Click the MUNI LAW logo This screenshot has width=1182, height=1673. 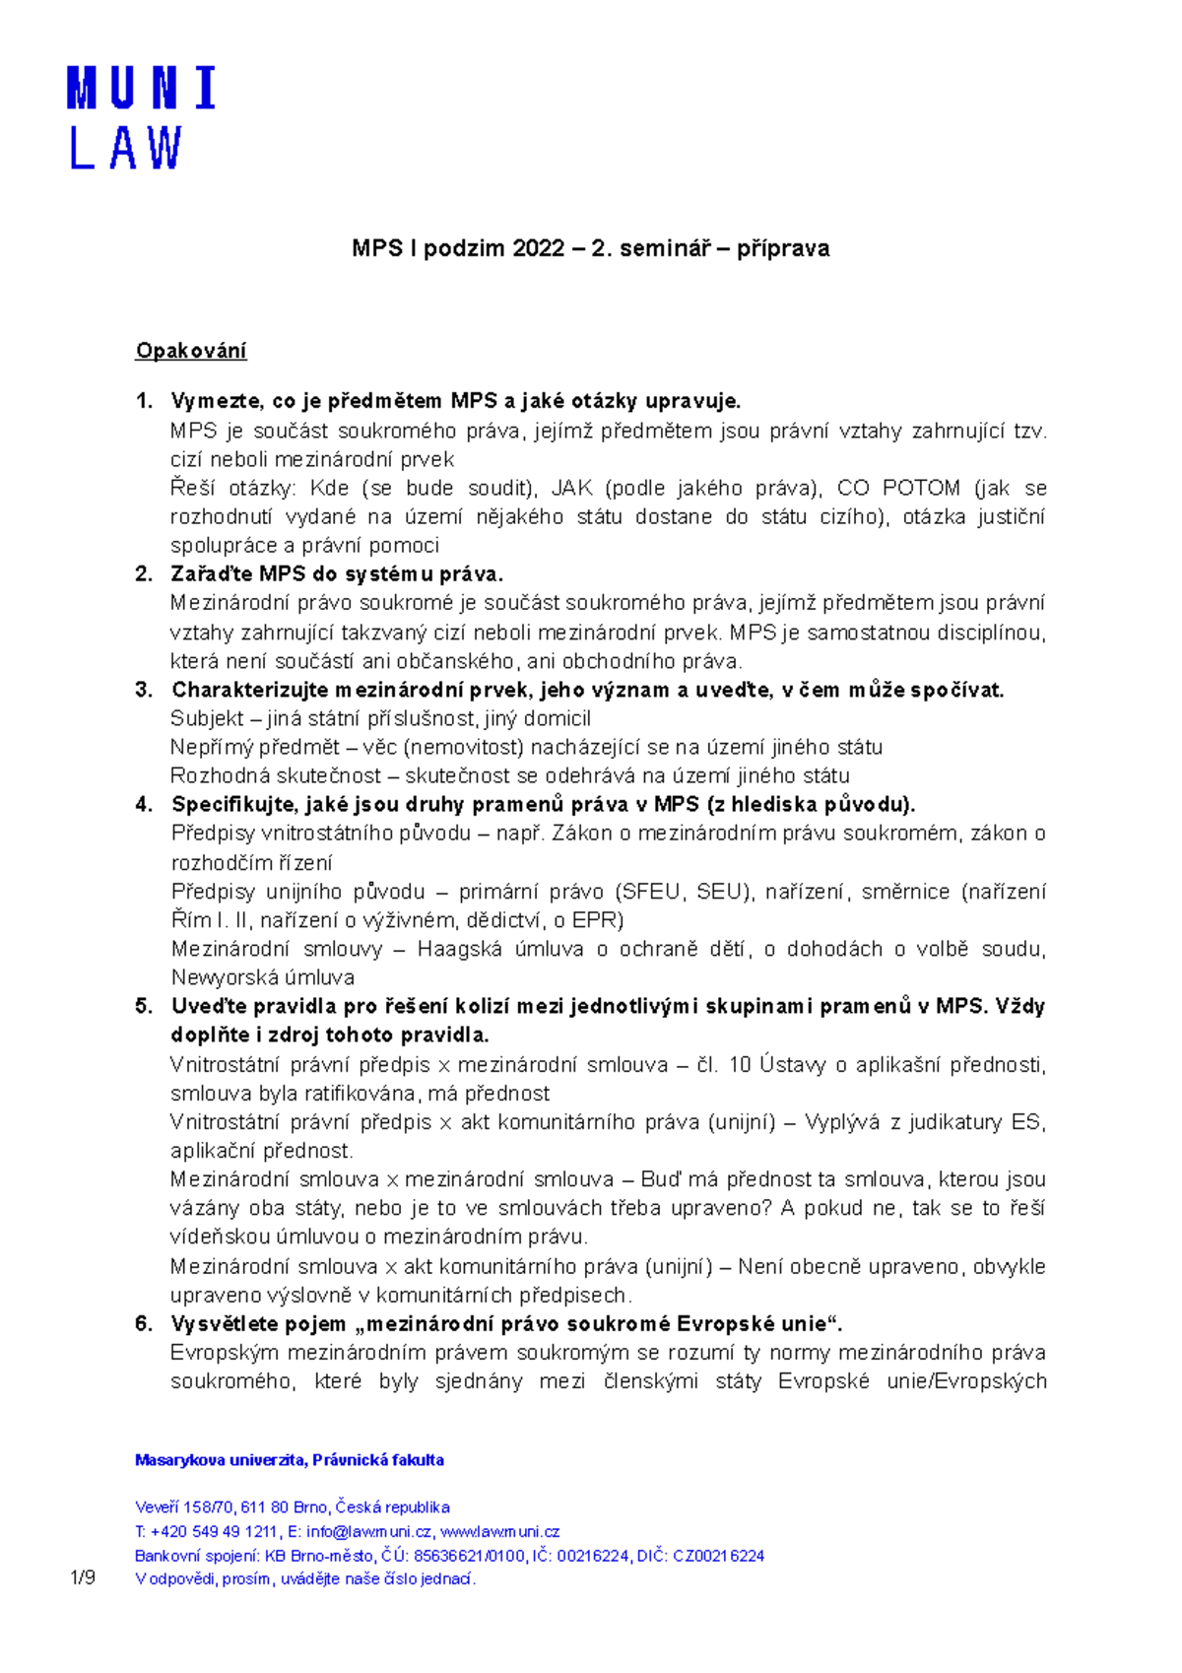(x=141, y=118)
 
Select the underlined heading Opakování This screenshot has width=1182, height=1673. (x=191, y=351)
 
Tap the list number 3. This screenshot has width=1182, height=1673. (x=144, y=690)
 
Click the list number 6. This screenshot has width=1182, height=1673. (x=144, y=1324)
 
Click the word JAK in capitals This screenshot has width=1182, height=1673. (x=572, y=489)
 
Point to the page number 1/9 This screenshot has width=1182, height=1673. (x=83, y=1578)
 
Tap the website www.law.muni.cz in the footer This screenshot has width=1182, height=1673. (x=499, y=1531)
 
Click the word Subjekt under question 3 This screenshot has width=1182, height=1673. (x=207, y=719)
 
